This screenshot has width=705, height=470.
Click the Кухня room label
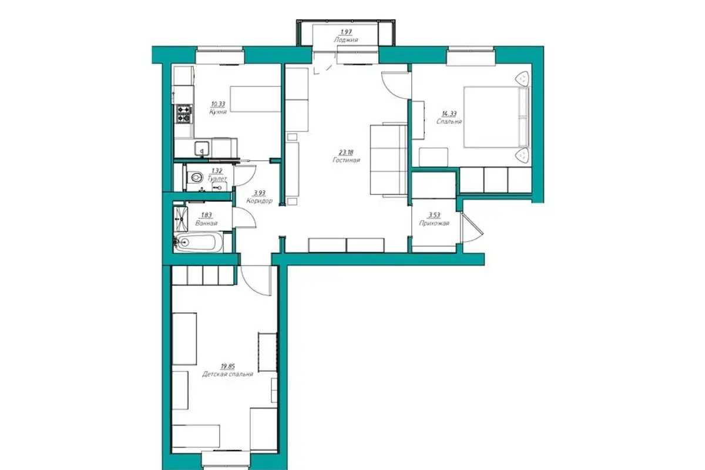tap(218, 112)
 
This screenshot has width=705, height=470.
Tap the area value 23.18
tap(346, 153)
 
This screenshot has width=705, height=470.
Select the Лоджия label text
tap(346, 40)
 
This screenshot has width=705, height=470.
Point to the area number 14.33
tap(449, 114)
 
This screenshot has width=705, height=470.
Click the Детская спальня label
tap(227, 374)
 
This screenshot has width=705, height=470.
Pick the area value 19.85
tap(227, 367)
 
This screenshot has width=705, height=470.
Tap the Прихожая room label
tap(434, 223)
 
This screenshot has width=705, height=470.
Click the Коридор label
tap(259, 201)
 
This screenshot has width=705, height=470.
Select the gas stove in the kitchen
tap(184, 113)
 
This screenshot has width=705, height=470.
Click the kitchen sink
tap(202, 149)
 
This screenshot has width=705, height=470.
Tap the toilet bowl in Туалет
tap(195, 178)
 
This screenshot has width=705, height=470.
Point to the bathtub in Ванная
tap(199, 243)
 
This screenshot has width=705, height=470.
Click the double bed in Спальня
tap(496, 117)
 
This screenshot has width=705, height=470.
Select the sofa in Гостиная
tap(389, 160)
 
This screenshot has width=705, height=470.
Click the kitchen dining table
tap(255, 99)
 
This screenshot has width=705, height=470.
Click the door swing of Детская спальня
tap(256, 281)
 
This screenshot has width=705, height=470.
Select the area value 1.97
tap(346, 32)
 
